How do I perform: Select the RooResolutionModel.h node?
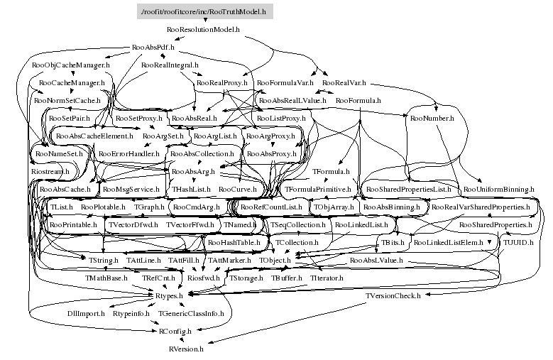203,31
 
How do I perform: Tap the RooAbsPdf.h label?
153,48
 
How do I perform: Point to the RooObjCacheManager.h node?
71,65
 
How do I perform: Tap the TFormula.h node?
331,172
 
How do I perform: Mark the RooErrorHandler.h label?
129,153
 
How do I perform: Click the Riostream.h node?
50,172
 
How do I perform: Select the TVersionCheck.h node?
393,295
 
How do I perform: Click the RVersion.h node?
186,349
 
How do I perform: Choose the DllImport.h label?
86,313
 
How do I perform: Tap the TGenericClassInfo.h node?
191,313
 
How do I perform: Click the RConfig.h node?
175,331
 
